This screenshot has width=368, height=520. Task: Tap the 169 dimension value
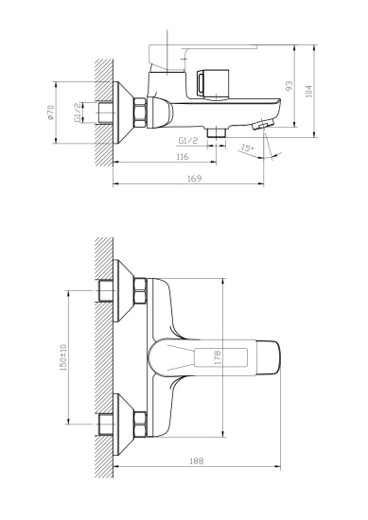click(x=194, y=177)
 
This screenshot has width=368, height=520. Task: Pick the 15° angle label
click(x=247, y=149)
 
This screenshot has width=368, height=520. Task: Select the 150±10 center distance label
click(x=64, y=356)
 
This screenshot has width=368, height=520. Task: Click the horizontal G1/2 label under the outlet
click(x=187, y=140)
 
